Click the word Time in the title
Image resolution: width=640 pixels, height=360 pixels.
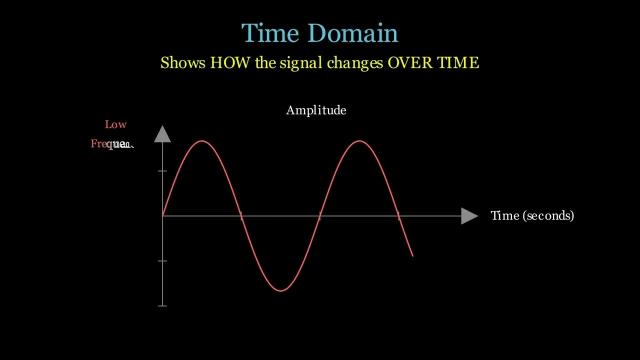[270, 33]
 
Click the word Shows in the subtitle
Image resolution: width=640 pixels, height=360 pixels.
[182, 63]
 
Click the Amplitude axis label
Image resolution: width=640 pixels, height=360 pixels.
[316, 110]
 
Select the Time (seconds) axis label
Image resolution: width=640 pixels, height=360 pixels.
[532, 215]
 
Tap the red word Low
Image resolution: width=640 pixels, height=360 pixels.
[115, 124]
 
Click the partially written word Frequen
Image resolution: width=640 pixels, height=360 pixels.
[112, 144]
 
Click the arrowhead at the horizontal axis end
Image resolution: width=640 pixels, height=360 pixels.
[469, 216]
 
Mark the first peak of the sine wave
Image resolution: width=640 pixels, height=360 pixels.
[202, 141]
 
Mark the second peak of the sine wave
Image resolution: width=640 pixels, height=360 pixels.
[359, 141]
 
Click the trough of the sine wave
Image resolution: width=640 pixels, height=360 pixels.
[280, 290]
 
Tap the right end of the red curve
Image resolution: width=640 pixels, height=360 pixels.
[412, 255]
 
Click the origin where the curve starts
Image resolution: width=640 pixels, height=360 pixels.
[163, 215]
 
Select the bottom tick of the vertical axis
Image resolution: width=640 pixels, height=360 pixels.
[162, 305]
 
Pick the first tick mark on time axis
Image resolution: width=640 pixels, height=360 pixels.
[241, 216]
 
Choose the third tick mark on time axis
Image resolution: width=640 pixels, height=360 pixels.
[398, 216]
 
